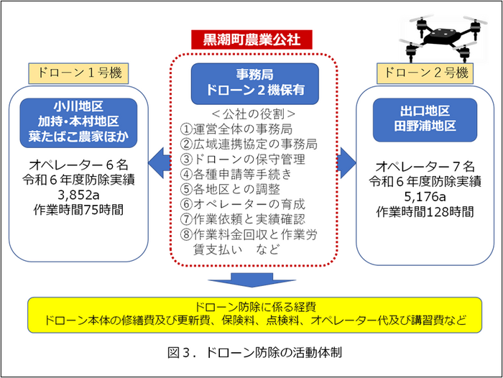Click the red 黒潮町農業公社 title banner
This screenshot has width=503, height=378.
251,40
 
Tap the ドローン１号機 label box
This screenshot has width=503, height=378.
78,73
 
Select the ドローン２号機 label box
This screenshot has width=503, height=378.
425,73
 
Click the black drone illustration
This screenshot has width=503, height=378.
443,38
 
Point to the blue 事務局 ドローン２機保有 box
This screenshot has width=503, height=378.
255,84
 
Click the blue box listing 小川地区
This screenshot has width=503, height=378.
78,123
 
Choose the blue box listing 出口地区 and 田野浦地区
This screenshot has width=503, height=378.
425,120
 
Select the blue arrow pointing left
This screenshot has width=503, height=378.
160,163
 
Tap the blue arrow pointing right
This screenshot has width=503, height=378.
346,163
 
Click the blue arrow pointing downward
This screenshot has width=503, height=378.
251,280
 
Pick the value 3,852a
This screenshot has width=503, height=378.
78,195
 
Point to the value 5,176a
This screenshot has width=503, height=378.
425,196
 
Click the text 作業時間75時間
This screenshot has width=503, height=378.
78,210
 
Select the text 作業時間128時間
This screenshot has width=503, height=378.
425,212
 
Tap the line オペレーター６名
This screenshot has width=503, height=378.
78,165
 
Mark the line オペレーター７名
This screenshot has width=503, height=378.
425,167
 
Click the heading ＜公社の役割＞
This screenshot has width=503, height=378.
254,114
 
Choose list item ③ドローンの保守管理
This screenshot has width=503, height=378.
243,159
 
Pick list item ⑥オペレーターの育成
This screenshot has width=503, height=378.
243,204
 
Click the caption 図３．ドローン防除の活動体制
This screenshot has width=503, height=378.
254,352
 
